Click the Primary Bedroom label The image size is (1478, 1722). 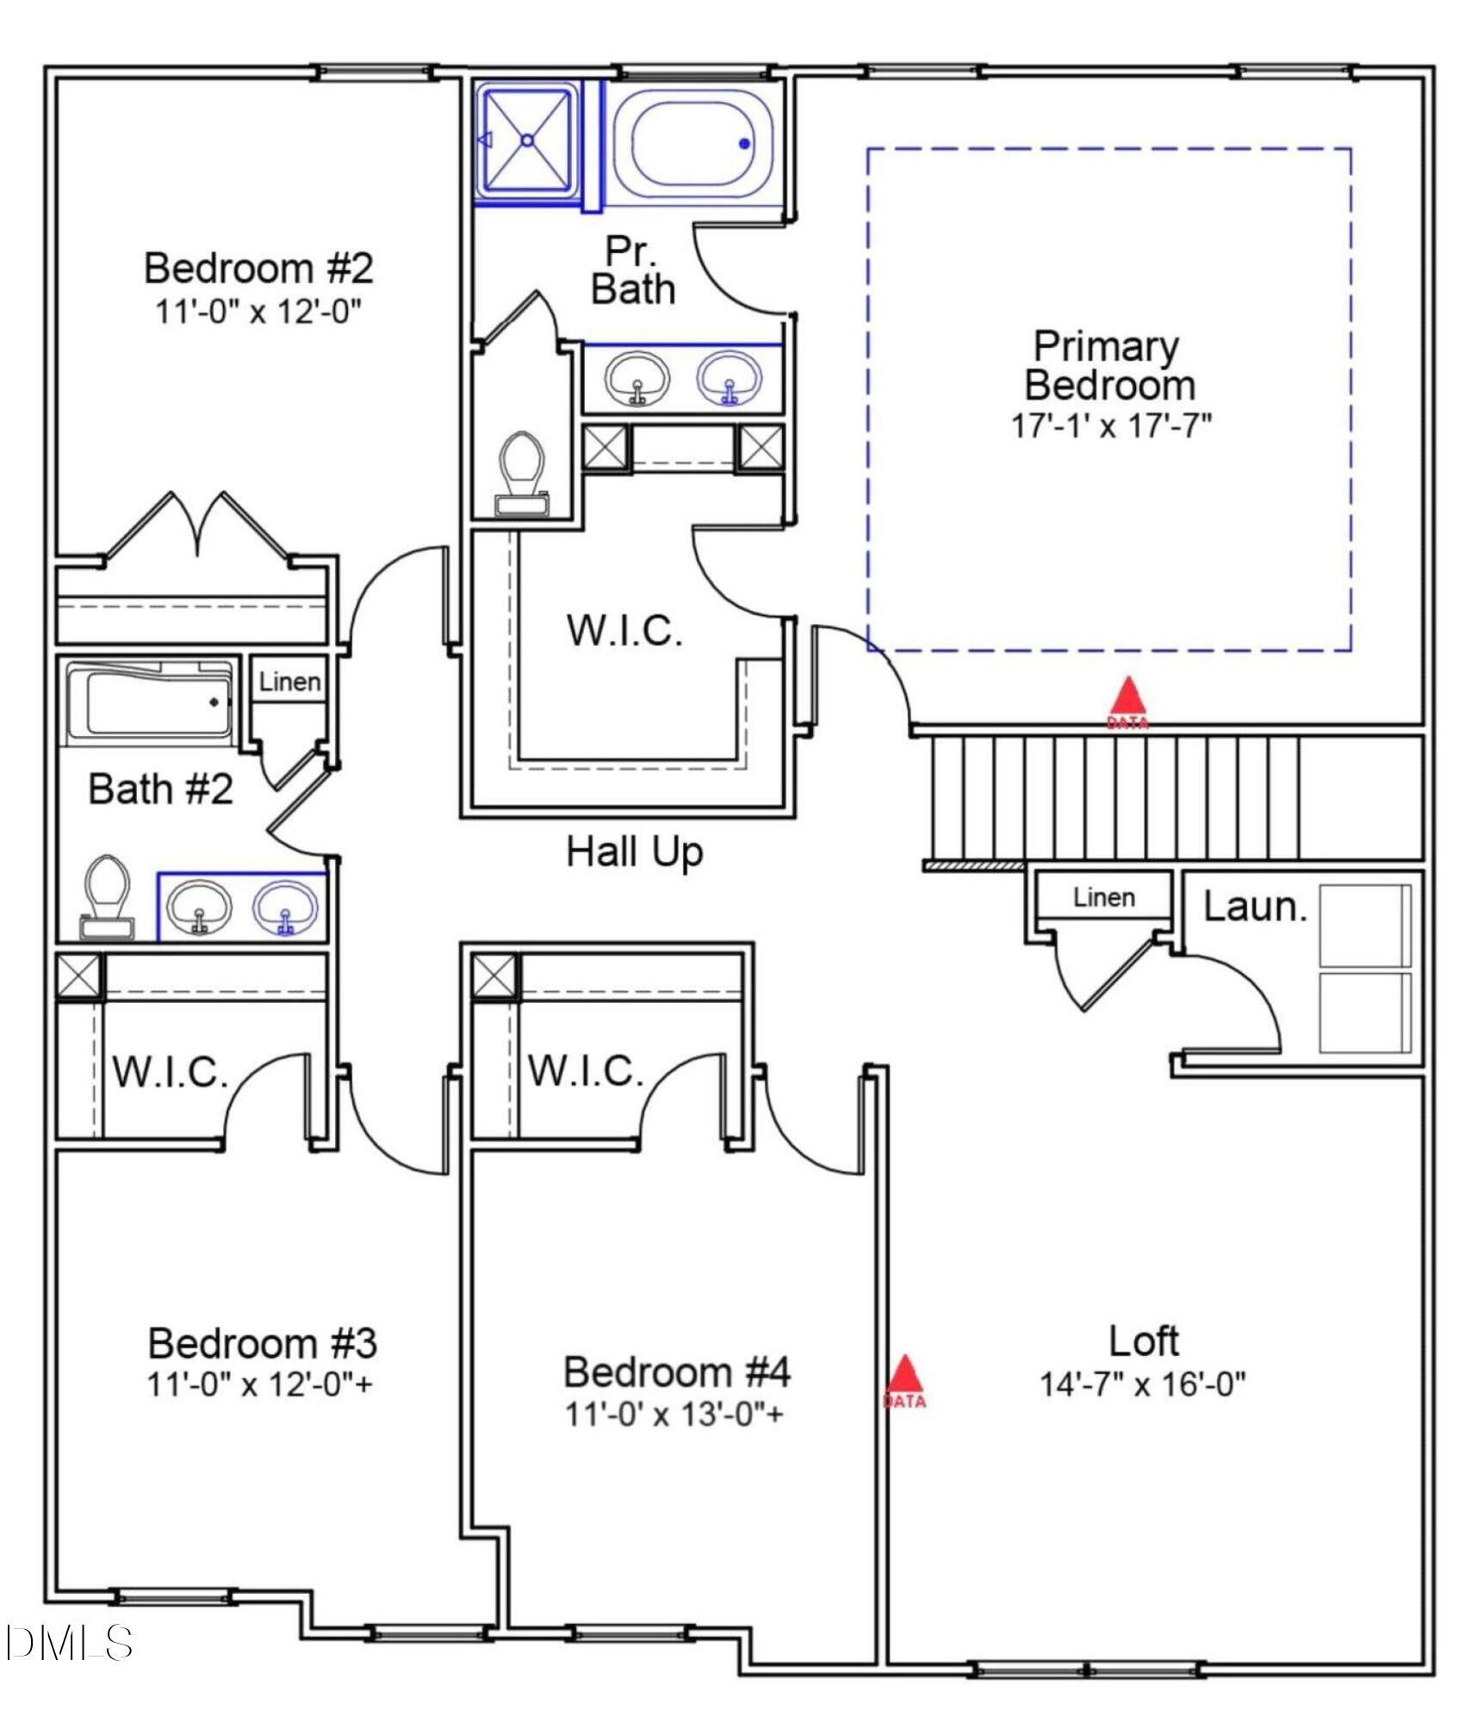[1108, 366]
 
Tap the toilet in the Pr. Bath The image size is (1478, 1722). [522, 474]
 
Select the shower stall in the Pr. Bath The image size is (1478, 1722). [527, 140]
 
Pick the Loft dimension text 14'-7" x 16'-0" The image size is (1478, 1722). [1142, 1384]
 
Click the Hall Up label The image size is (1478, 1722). [634, 852]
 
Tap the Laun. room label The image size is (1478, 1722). [1254, 907]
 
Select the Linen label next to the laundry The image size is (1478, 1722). [1103, 897]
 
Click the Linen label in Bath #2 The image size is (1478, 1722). [289, 682]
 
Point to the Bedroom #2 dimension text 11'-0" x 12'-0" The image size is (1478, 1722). [258, 311]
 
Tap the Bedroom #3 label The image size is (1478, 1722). [262, 1342]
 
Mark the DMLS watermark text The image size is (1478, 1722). [69, 1643]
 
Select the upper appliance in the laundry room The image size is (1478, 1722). [1364, 925]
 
